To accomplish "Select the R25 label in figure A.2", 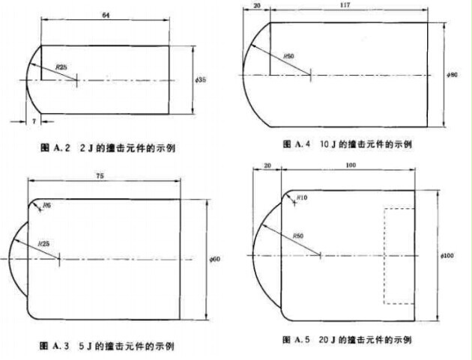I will coord(61,67).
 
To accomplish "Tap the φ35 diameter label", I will coord(199,79).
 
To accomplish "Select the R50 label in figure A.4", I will coord(288,56).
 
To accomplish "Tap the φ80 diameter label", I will coord(452,75).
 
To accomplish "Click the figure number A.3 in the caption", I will coord(62,347).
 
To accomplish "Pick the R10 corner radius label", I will coord(301,197).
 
